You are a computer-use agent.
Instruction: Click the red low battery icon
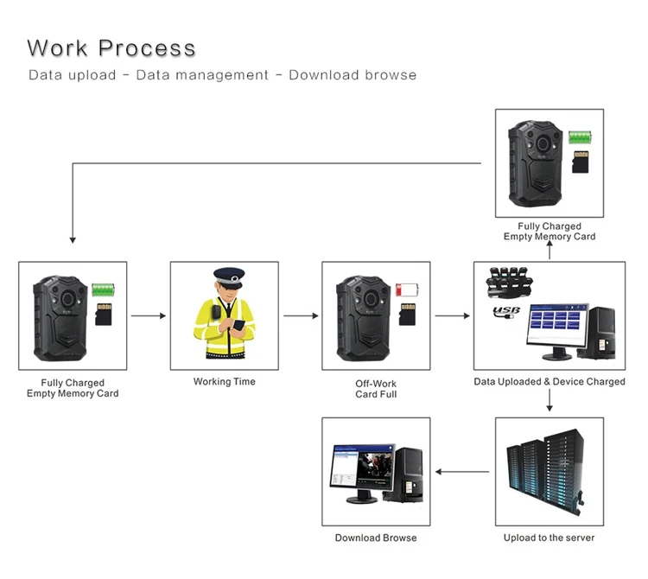pos(405,289)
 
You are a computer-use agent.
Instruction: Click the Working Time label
pos(225,381)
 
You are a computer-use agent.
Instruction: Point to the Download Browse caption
pos(376,538)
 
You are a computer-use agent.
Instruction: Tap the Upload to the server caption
pos(550,538)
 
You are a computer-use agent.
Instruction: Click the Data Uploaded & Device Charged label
pos(550,381)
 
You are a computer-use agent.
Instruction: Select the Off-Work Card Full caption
pos(377,388)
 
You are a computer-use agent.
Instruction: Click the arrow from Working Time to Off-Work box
pos(301,315)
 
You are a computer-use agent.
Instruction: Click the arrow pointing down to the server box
pos(550,401)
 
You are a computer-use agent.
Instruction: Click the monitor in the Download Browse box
pos(357,471)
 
